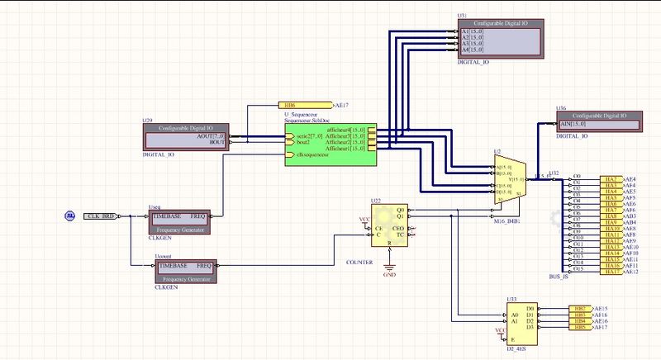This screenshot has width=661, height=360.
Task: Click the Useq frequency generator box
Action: tap(181, 220)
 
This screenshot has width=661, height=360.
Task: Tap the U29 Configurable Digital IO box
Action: tap(187, 136)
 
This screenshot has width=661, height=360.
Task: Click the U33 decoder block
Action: tap(522, 323)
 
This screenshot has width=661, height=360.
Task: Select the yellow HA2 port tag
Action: tap(611, 179)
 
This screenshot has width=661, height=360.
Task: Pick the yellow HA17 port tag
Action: tap(611, 271)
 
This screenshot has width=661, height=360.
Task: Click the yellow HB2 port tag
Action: tap(580, 308)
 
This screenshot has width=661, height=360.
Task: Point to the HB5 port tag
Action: tap(580, 328)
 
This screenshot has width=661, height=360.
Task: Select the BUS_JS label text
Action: tap(559, 277)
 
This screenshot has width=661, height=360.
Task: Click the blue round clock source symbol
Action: tap(71, 216)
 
